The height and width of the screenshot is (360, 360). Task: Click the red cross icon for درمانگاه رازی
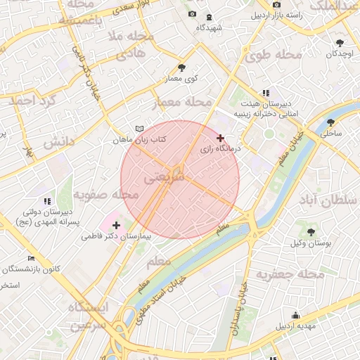tap(221, 138)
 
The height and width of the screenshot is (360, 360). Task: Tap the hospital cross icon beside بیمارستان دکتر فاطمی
tap(116, 225)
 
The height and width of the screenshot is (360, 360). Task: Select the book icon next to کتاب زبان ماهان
tap(139, 129)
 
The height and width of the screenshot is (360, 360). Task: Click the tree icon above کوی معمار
tap(182, 67)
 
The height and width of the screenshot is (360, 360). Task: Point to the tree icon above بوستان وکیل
tap(310, 231)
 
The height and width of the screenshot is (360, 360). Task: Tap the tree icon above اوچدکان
tap(340, 42)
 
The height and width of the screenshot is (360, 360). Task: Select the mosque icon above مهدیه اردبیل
tap(296, 315)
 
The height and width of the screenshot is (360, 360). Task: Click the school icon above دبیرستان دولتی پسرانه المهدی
tap(47, 201)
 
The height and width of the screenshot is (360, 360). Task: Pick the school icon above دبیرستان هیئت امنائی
tap(266, 93)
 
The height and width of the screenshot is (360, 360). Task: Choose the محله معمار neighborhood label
tap(182, 103)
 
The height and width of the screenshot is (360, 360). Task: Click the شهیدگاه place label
tap(210, 27)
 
